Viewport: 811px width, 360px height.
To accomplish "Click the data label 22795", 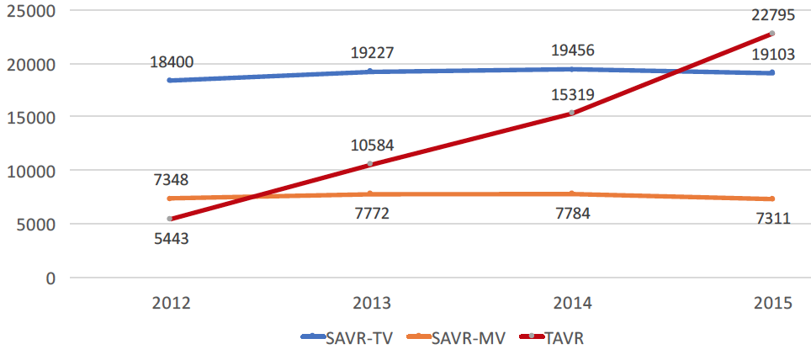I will (x=771, y=14).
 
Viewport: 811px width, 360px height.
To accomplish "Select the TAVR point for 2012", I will (x=170, y=219).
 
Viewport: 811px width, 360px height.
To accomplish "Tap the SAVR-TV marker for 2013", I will (x=370, y=71).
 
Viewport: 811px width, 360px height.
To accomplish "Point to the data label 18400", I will (x=170, y=61).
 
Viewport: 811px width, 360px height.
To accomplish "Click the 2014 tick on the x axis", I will (x=571, y=304).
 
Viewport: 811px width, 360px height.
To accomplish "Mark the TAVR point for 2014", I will (x=571, y=113).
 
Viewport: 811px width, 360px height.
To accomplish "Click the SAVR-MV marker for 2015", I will (x=771, y=199).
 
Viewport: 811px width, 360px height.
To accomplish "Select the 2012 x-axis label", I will (x=170, y=304).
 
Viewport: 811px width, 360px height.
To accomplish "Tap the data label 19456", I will (x=571, y=50).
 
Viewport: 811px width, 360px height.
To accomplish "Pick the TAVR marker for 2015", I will (x=771, y=34).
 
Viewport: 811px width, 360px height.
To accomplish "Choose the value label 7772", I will (x=370, y=214).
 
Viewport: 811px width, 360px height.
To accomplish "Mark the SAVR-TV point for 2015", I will (x=771, y=73).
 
